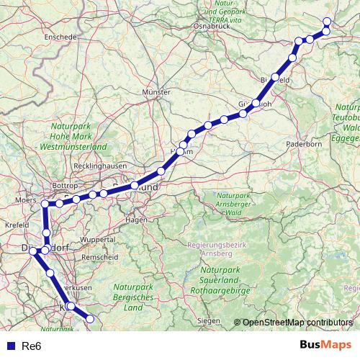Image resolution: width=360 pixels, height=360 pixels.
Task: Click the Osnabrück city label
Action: tap(211, 26)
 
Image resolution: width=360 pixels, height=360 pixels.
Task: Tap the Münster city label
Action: tap(156, 92)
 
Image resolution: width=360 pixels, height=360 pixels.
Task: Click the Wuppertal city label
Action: tap(98, 239)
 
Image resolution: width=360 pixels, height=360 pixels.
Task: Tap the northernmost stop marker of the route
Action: tap(327, 21)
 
